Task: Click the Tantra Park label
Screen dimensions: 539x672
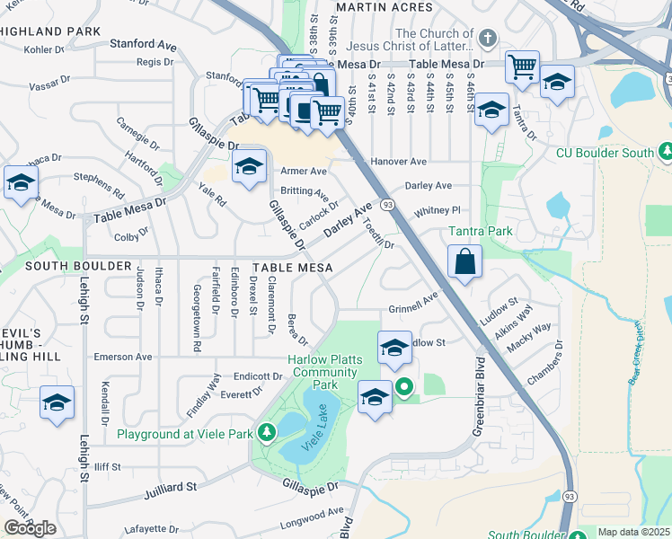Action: pos(481,232)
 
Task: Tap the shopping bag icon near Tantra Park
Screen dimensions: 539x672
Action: pos(464,263)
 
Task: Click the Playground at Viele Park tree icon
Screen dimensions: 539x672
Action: pos(267,434)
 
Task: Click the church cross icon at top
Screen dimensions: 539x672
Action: pos(487,39)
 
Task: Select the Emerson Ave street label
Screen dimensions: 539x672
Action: pos(122,357)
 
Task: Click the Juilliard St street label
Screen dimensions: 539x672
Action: pos(170,488)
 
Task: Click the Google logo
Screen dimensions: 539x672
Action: pos(30,527)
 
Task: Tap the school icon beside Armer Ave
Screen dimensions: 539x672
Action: pos(250,166)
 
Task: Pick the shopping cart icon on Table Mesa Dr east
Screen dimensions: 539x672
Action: pos(521,66)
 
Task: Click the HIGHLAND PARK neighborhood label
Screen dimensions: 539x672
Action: pos(49,31)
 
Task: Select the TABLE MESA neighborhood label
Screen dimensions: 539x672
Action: pos(293,268)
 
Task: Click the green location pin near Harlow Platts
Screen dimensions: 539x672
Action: pos(404,387)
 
